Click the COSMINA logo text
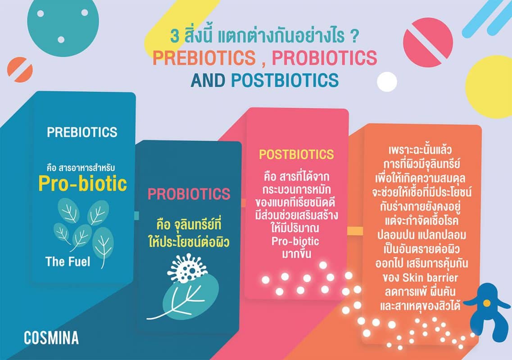click(x=51, y=338)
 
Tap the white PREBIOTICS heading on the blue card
click(x=82, y=132)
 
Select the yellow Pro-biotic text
click(x=82, y=183)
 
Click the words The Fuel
click(x=68, y=261)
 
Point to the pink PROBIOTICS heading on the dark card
click(x=189, y=194)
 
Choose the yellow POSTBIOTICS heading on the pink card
click(x=296, y=154)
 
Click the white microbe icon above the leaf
click(x=187, y=268)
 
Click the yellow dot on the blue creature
click(x=486, y=303)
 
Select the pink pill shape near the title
click(x=428, y=42)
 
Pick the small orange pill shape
click(x=20, y=69)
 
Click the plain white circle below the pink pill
click(x=387, y=81)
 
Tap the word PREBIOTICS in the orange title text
click(x=204, y=58)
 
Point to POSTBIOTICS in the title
click(x=285, y=80)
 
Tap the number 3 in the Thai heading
click(x=175, y=36)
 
